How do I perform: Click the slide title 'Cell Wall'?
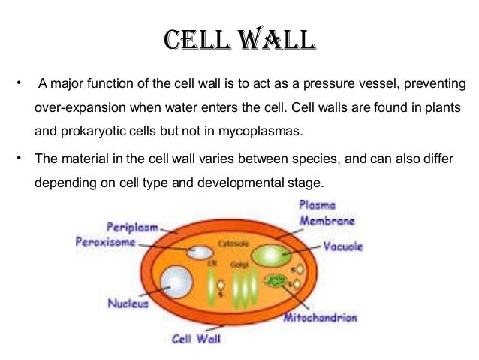click(x=239, y=41)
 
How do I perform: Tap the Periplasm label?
click(x=134, y=225)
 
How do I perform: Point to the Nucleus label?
click(x=129, y=305)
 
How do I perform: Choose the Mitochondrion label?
click(x=320, y=318)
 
